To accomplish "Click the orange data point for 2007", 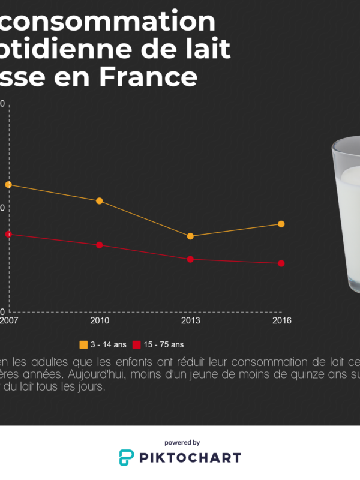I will point(8,185).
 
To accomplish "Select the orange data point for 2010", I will point(100,201).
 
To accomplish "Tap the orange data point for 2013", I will point(190,236).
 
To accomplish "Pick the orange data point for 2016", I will point(281,224).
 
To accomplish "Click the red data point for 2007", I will point(8,234).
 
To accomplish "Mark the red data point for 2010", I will point(100,245).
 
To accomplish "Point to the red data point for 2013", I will point(190,259).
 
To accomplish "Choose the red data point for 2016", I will point(281,263).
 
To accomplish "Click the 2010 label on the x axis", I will point(100,320).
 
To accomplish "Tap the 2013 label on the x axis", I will point(190,320).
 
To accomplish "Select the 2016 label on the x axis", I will point(281,320).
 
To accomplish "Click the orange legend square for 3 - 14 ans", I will point(83,344).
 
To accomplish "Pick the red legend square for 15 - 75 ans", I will point(136,344).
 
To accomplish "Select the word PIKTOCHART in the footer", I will point(190,458).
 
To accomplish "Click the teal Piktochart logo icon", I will point(127,458).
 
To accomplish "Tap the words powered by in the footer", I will point(182,442).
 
